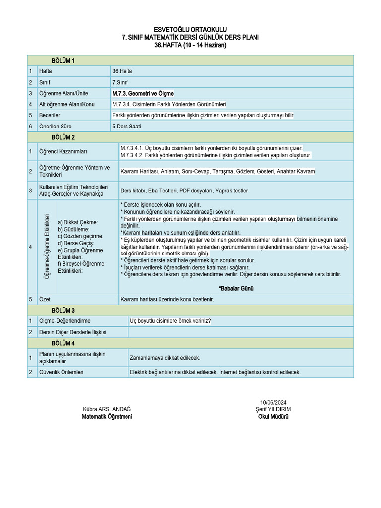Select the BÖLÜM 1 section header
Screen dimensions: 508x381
[63, 61]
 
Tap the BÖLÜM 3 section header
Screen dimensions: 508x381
[63, 310]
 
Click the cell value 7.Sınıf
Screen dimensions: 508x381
[120, 82]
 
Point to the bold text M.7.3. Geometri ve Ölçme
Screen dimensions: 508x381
[143, 93]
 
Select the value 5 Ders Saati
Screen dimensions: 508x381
[127, 127]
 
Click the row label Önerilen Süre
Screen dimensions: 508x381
[55, 127]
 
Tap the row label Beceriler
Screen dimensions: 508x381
[50, 115]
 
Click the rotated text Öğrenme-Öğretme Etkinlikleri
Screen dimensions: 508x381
[47, 246]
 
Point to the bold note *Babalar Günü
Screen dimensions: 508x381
[236, 288]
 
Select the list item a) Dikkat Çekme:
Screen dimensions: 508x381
[78, 222]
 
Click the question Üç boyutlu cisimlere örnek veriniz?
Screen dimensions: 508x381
[170, 321]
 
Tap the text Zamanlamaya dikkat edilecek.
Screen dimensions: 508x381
[165, 357]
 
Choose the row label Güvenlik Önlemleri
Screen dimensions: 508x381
[61, 372]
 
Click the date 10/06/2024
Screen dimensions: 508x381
[273, 402]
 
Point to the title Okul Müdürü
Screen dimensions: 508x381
[273, 417]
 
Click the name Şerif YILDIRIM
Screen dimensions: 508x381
[273, 409]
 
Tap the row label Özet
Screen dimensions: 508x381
[45, 299]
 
